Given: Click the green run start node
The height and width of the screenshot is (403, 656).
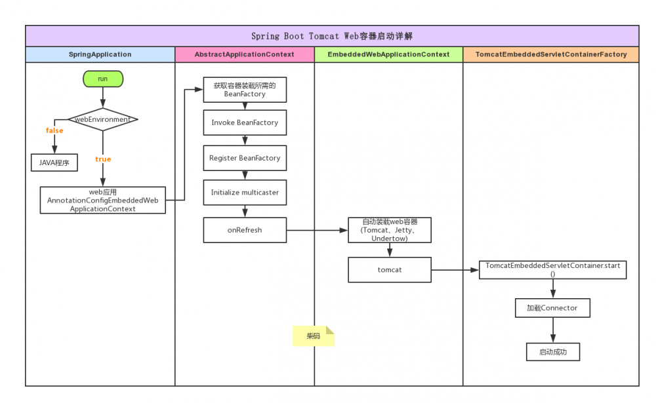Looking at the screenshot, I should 103,79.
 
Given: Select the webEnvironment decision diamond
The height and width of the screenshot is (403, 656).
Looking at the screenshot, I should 103,119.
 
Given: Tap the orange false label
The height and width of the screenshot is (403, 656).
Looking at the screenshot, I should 54,130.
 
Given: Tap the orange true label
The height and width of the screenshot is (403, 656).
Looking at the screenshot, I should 103,159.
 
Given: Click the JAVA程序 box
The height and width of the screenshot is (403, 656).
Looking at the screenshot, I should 54,162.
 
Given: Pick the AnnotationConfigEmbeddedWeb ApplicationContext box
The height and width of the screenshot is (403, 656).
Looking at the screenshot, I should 103,200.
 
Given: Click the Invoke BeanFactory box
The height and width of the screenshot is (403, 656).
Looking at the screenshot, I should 245,123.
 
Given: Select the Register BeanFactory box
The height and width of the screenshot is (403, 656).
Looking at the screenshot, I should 245,158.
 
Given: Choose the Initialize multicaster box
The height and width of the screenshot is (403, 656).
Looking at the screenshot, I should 245,193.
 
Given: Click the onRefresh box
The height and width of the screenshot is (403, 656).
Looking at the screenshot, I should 245,230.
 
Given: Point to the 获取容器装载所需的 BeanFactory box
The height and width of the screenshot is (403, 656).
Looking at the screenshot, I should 245,90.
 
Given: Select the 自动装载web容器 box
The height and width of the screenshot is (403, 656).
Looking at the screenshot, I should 390,230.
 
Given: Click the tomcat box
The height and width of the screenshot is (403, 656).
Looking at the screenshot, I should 390,269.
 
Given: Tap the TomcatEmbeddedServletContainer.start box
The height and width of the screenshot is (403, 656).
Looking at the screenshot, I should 552,269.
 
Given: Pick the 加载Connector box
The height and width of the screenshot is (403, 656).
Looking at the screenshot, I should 552,307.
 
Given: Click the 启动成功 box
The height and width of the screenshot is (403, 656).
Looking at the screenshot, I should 552,352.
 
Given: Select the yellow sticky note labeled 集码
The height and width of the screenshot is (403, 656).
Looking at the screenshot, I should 313,336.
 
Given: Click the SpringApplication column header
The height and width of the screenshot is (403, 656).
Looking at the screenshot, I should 100,54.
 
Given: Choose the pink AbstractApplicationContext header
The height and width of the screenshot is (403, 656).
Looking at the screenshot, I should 245,54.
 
